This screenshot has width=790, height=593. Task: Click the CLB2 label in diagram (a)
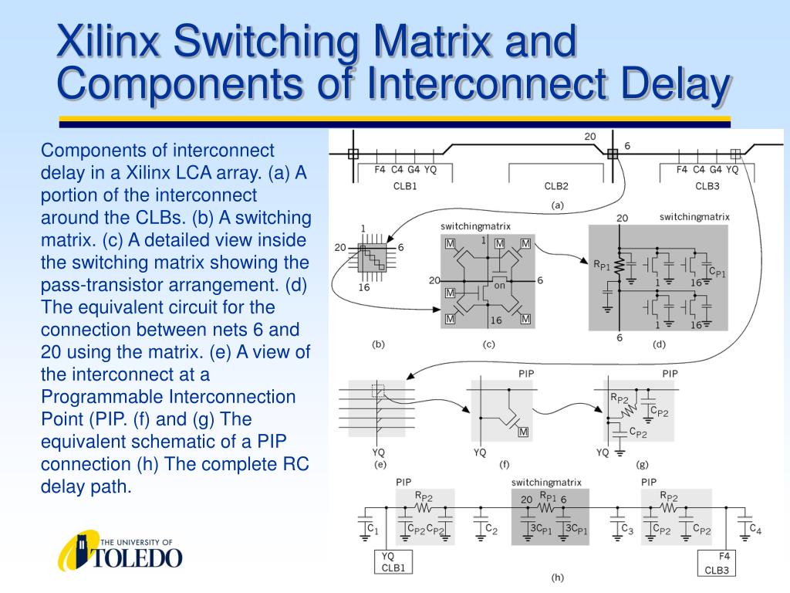click(556, 186)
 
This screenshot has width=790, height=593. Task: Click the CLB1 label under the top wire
click(405, 186)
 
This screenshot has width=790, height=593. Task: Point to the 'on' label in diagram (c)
click(499, 286)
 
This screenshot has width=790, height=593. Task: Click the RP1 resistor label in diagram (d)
click(602, 265)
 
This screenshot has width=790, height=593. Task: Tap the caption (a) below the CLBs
click(556, 205)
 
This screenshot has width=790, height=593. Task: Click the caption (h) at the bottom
click(557, 577)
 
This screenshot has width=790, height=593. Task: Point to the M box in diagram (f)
click(523, 432)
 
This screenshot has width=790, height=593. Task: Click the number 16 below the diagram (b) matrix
click(365, 289)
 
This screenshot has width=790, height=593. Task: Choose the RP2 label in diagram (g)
click(620, 398)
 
